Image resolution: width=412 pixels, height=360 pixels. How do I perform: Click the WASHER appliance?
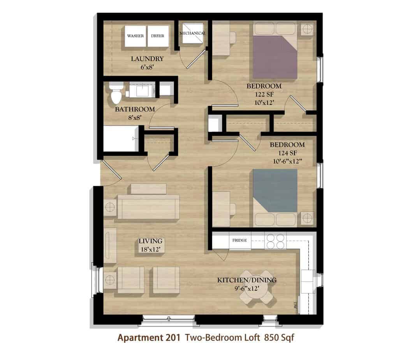(x=135, y=36)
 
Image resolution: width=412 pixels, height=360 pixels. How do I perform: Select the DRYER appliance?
(x=158, y=36)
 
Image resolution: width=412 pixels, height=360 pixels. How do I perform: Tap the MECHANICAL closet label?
(x=193, y=33)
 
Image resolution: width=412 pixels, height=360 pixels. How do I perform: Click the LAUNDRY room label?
(x=147, y=59)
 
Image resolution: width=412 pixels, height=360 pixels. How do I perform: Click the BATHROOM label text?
(x=135, y=109)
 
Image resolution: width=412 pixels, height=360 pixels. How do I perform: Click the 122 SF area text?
(x=264, y=94)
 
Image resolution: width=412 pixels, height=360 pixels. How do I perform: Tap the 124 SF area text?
(x=287, y=153)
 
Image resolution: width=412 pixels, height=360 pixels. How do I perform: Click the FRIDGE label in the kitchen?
(x=239, y=240)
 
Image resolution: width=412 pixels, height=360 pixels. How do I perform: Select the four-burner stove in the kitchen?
(x=275, y=241)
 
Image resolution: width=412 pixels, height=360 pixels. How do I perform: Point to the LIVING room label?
(x=151, y=241)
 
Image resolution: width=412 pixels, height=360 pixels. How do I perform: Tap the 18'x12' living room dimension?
(x=151, y=249)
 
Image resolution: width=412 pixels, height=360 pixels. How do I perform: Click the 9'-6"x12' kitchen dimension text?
(x=247, y=289)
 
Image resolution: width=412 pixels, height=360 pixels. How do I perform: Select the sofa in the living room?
(x=148, y=207)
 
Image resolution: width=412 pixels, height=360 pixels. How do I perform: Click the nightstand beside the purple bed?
(x=307, y=29)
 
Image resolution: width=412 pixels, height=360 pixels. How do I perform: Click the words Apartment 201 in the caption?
(x=149, y=337)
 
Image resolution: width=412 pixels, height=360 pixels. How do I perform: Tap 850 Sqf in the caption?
(x=279, y=337)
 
